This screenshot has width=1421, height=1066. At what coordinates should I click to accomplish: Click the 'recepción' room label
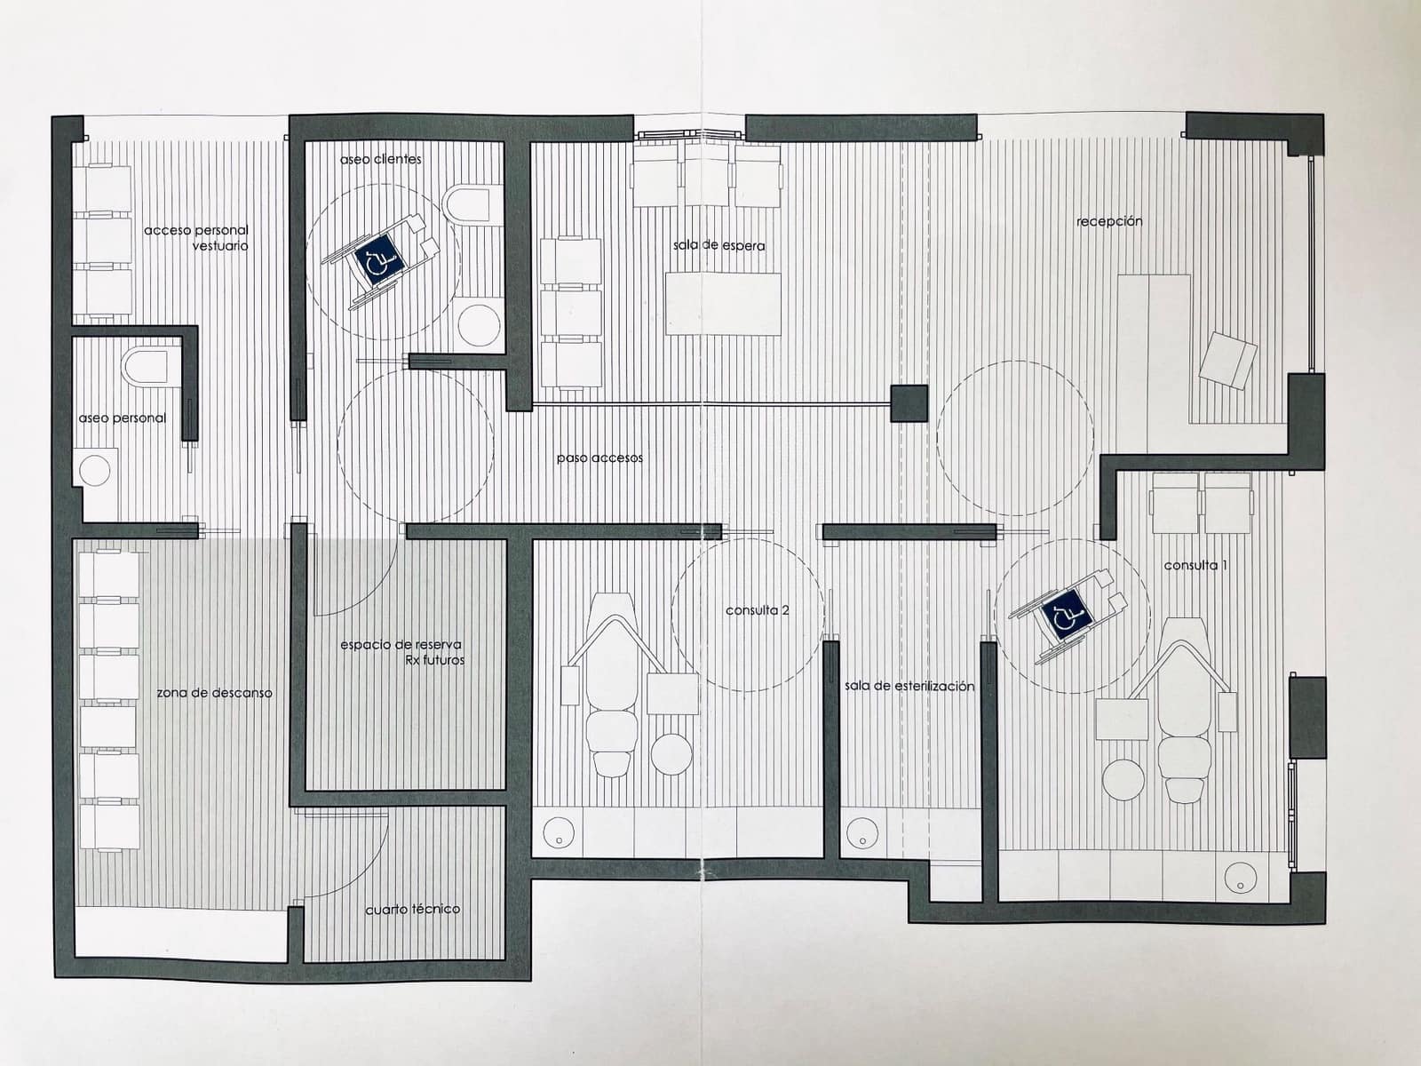(1109, 221)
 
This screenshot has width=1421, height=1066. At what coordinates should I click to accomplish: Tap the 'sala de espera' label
(718, 245)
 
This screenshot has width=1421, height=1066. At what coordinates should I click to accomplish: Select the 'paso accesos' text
(599, 458)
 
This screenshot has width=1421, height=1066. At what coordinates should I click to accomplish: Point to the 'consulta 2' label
(758, 610)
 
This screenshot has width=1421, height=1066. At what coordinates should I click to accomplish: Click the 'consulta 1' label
(1195, 565)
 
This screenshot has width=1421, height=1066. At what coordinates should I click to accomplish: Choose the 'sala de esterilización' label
(909, 686)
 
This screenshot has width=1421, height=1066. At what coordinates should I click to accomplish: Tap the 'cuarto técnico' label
(412, 910)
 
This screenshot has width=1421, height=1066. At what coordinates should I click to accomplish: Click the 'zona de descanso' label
(214, 693)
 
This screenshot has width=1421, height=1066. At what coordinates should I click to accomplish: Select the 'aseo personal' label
(122, 418)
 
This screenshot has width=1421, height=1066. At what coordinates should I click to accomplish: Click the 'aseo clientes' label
(380, 160)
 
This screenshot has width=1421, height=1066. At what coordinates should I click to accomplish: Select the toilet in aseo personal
(146, 368)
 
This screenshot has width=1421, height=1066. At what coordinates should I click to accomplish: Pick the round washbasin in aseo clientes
(480, 324)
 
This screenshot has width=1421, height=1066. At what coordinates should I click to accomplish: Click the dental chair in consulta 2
(611, 702)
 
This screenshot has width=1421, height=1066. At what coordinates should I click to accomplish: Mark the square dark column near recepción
(909, 403)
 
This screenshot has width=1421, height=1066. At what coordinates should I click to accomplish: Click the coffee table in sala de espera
(723, 304)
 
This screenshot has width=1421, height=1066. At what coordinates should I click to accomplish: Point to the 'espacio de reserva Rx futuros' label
(401, 652)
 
